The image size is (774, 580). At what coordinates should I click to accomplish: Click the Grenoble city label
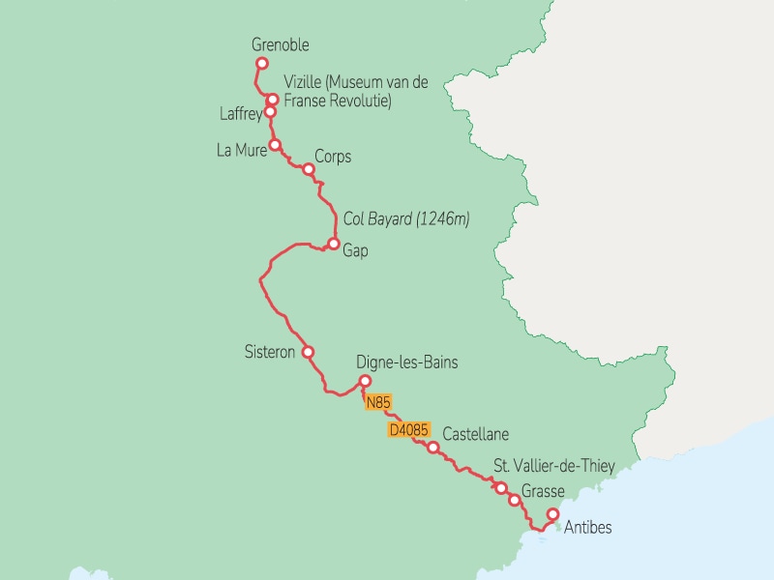(280, 44)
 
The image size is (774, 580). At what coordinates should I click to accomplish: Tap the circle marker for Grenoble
(260, 64)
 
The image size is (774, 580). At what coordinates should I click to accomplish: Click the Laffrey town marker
(271, 111)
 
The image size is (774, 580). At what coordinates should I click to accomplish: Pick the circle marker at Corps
(309, 170)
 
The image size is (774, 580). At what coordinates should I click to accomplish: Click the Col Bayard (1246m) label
(406, 219)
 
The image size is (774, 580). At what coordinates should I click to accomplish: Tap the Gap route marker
(333, 244)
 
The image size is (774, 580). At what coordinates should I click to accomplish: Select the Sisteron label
(269, 352)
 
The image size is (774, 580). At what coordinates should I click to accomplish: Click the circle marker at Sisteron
(308, 352)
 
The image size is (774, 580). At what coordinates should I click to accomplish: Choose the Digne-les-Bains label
(406, 362)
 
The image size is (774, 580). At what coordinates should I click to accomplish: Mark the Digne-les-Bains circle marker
(365, 380)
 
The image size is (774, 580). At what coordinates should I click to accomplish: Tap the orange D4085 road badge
(407, 429)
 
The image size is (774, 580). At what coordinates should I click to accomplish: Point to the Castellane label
(475, 434)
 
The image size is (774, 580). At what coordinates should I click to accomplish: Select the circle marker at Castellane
(433, 447)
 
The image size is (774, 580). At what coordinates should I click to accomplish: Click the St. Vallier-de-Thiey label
(553, 467)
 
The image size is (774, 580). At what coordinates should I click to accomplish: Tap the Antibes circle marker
(552, 514)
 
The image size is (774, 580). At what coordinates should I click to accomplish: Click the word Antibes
(587, 528)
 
